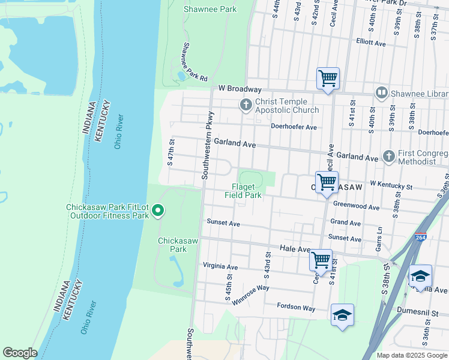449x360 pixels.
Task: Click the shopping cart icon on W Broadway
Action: [328, 78]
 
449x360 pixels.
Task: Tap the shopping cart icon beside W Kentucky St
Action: [327, 182]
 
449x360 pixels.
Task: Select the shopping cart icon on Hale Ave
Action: [321, 260]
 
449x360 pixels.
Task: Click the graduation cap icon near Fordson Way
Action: [342, 315]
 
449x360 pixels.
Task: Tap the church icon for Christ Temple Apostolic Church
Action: [246, 106]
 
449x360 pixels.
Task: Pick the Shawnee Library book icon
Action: [381, 92]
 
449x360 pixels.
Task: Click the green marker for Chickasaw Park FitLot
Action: [158, 210]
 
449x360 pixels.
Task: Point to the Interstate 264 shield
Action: [420, 238]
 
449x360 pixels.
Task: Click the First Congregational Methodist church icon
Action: [388, 157]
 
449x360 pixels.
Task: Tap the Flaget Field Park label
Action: [243, 191]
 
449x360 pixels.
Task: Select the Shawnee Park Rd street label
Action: [194, 62]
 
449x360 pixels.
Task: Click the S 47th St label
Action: [170, 152]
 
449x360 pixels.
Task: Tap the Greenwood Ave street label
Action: [357, 207]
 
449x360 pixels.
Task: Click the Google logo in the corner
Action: [20, 353]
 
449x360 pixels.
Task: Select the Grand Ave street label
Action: [345, 223]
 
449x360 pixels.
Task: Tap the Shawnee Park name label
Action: [210, 9]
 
